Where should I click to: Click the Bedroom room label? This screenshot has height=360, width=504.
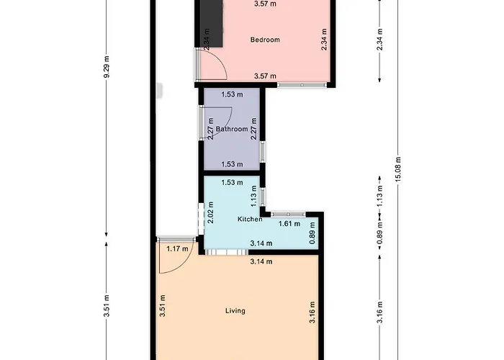(264, 40)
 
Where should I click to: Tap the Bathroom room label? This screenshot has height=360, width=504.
(232, 130)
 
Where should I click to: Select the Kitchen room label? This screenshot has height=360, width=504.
(250, 219)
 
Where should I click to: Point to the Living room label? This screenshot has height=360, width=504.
(235, 311)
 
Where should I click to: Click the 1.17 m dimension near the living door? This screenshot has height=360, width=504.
(177, 249)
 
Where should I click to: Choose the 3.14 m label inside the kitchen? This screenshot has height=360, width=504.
(260, 244)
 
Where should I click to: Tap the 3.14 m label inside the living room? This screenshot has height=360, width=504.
(260, 261)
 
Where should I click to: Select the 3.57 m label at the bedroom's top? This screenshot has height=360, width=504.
(266, 4)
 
